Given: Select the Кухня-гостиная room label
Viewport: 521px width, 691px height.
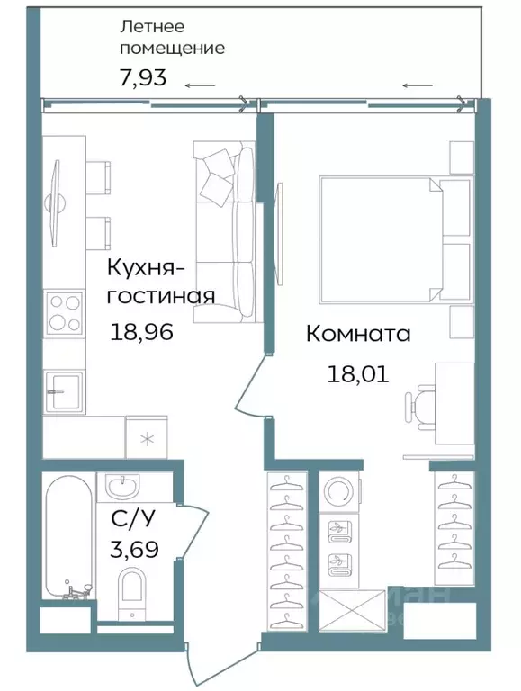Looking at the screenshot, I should (x=160, y=282).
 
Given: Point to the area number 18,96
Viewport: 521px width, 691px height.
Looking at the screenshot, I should (x=141, y=332).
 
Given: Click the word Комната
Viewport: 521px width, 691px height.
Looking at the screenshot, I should (x=358, y=335).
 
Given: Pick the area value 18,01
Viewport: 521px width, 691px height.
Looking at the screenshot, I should (x=357, y=373).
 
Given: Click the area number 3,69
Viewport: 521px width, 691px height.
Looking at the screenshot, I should (x=135, y=548).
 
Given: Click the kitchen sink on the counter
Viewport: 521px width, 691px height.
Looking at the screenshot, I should (x=65, y=387).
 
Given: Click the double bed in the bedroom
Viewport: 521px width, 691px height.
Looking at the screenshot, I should (x=378, y=238).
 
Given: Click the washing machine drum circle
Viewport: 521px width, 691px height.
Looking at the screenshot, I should (x=339, y=493).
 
